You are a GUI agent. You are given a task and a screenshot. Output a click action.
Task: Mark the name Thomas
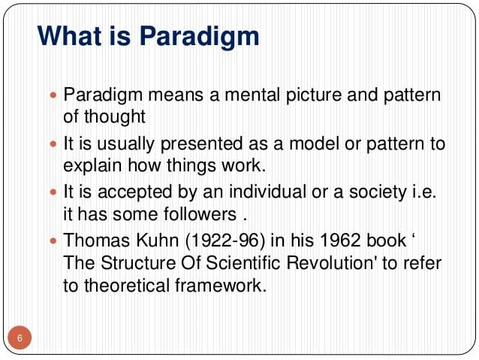click(94, 242)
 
